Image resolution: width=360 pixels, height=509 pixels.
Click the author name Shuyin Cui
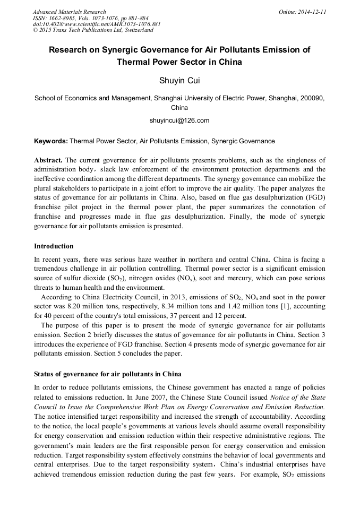coord(179,81)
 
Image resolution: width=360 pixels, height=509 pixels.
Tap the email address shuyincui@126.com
coord(179,120)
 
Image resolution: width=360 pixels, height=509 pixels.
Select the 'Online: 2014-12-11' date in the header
coord(302,12)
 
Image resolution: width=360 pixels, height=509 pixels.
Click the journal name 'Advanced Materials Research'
coord(69,12)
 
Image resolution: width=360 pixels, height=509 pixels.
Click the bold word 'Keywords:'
coord(51,141)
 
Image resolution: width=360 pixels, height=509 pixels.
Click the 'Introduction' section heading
coord(54,246)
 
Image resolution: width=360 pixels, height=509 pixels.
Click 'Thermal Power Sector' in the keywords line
coord(102,141)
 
